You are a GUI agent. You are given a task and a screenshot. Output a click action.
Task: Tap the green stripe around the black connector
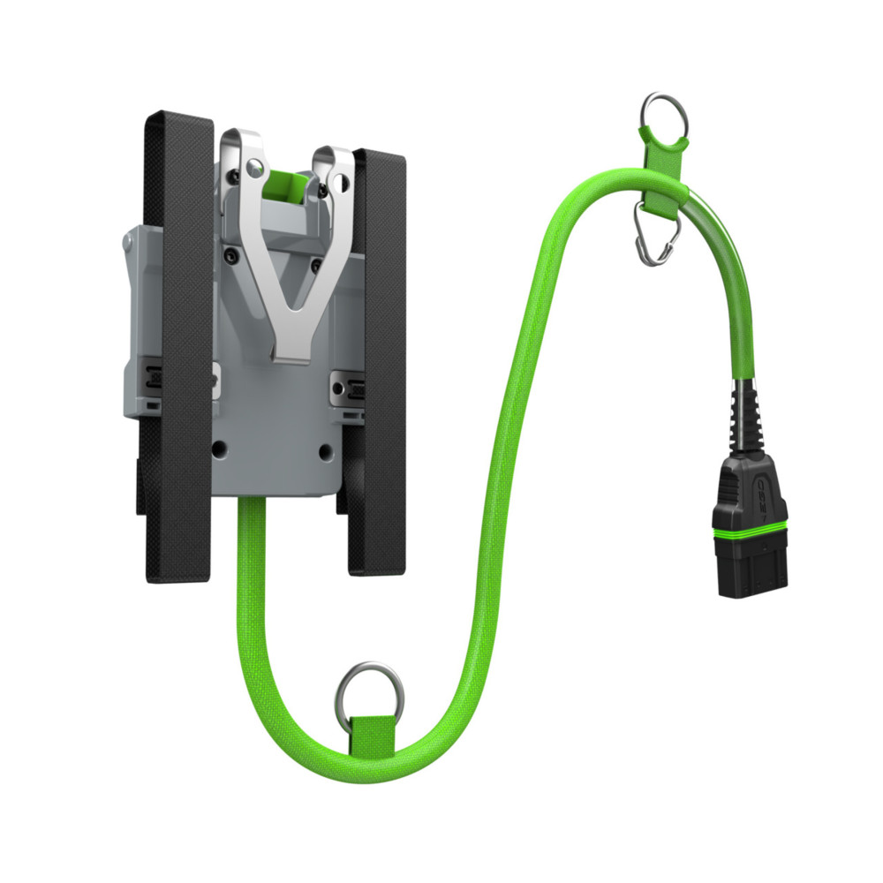click(x=751, y=526)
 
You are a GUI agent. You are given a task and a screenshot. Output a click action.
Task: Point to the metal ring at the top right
click(x=665, y=112)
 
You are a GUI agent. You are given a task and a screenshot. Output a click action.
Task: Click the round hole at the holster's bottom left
click(x=219, y=449)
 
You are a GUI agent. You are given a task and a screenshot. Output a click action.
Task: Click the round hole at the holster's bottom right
click(x=326, y=451)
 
